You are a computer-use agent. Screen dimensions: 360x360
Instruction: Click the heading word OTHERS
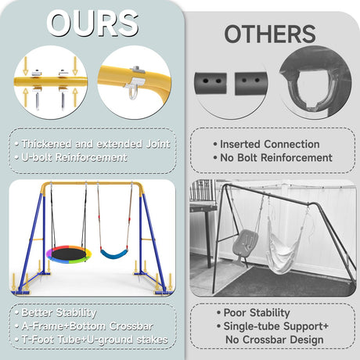click(x=270, y=34)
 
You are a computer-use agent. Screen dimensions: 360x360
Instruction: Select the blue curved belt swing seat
click(x=113, y=254)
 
